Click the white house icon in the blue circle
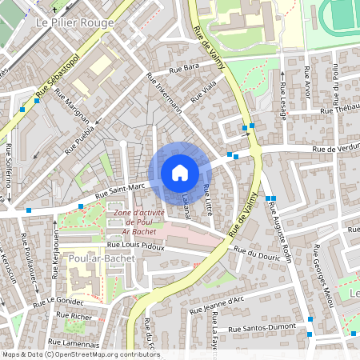(x=180, y=173)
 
